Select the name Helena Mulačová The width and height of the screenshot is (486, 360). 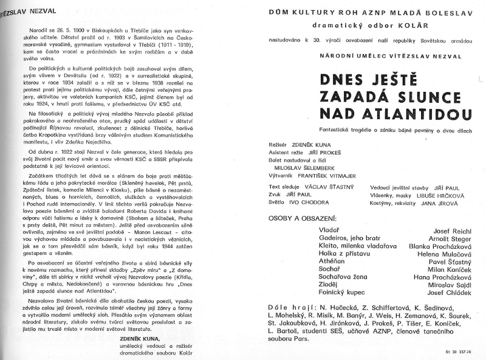click(453, 254)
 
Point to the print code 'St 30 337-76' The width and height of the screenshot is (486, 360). click(456, 351)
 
